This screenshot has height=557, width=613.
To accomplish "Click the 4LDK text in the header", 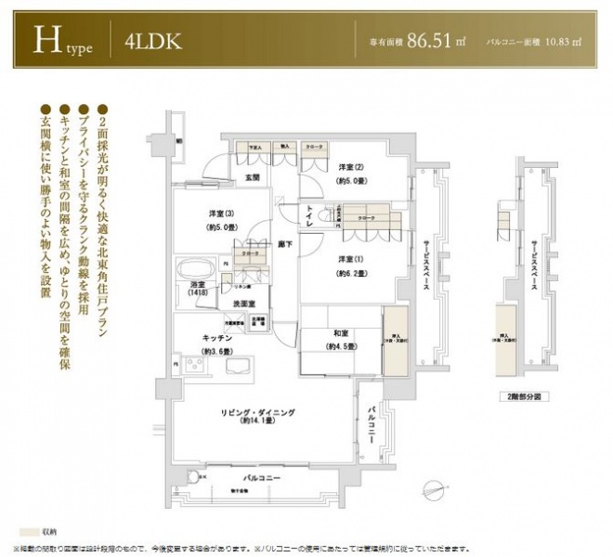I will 152,42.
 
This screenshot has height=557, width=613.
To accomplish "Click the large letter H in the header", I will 46,40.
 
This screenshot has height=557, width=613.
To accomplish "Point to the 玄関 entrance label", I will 252,177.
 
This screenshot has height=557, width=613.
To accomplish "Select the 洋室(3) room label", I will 218,214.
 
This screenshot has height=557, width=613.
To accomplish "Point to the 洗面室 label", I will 244,304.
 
